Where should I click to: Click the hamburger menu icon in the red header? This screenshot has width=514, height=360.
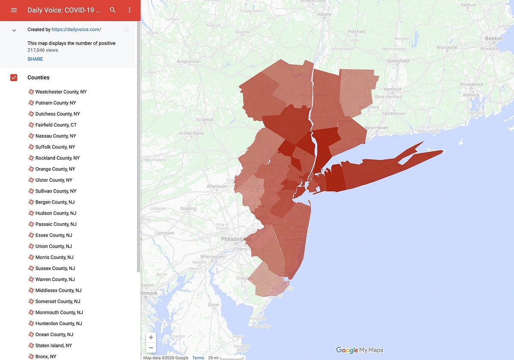[x=14, y=10]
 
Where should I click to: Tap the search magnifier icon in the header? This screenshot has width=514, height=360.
[x=113, y=10]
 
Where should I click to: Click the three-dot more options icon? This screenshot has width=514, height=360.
[x=129, y=10]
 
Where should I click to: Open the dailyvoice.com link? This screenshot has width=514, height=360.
[x=76, y=30]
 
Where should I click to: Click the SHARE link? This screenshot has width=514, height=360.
[x=35, y=59]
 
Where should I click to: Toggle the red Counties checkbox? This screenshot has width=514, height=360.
[x=14, y=78]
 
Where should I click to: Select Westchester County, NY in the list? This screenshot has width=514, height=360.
[x=61, y=92]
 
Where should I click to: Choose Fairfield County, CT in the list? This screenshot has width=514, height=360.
[x=56, y=125]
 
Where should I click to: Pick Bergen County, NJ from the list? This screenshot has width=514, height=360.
[x=55, y=202]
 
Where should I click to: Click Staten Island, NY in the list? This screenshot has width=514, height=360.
[x=54, y=345]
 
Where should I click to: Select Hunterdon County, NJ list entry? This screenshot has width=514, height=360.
[x=59, y=324]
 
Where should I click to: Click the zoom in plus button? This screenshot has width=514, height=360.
[x=151, y=337]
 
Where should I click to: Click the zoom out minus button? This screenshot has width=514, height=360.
[x=151, y=348]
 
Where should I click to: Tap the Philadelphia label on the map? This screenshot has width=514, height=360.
[x=236, y=239]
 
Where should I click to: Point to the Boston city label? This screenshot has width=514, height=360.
[x=493, y=39]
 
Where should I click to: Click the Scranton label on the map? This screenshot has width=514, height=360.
[x=204, y=120]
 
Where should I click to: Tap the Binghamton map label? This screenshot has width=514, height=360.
[x=189, y=62]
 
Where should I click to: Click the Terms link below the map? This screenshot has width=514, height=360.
[x=198, y=358]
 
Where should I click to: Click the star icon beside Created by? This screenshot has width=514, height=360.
[x=126, y=30]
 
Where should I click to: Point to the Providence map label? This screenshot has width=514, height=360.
[x=472, y=85]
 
